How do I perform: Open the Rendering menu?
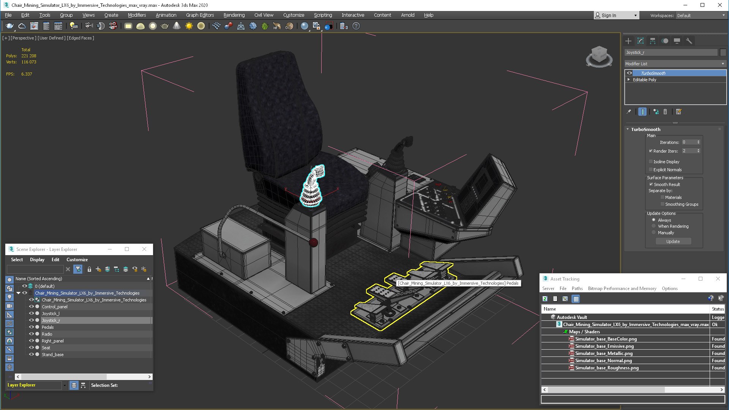pos(234,15)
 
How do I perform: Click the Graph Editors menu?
pos(200,15)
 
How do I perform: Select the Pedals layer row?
pos(48,327)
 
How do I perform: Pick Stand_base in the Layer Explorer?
pos(53,355)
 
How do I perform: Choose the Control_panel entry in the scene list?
pos(55,307)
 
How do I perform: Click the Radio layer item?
pos(47,334)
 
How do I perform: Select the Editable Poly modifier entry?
pos(644,80)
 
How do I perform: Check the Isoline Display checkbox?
pos(651,162)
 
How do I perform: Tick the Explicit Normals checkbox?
pos(651,170)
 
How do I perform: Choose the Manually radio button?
pos(653,233)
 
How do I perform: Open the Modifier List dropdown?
pos(675,64)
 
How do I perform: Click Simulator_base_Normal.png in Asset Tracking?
pos(603,361)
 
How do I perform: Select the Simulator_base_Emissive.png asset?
pos(604,346)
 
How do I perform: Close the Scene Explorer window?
pos(144,249)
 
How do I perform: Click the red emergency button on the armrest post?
pos(314,243)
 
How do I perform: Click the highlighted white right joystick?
pos(312,186)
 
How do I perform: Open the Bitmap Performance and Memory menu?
pos(622,289)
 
